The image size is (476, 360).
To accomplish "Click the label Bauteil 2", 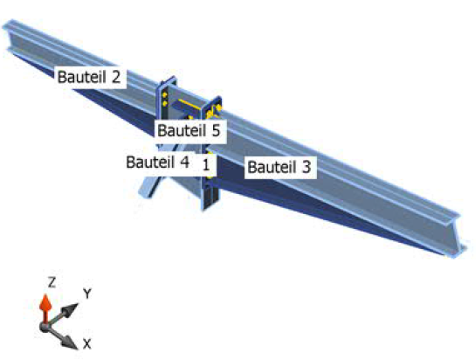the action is (89, 77).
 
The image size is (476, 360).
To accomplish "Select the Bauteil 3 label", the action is (279, 167).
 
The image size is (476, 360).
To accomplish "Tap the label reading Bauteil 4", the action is (157, 162).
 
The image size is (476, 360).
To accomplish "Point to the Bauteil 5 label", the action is (189, 131).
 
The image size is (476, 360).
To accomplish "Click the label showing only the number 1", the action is (206, 165).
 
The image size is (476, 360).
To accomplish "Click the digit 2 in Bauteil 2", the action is (116, 77).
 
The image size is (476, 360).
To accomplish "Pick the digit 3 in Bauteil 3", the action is (307, 167).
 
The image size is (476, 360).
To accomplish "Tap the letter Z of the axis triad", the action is (52, 282).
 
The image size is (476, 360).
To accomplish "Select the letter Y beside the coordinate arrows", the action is (87, 294).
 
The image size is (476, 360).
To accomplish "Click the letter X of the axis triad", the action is (86, 344).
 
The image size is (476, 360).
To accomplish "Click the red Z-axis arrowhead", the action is (45, 301).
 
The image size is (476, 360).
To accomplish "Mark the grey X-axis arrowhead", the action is (70, 343).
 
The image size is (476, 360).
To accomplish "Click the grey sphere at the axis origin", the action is (45, 327).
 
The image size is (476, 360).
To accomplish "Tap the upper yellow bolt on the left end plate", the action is (164, 95).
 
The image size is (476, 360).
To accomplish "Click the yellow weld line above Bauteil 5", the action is (190, 104).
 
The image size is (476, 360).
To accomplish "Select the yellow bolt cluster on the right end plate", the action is (213, 111).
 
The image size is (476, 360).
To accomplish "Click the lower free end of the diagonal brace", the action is (146, 193).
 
